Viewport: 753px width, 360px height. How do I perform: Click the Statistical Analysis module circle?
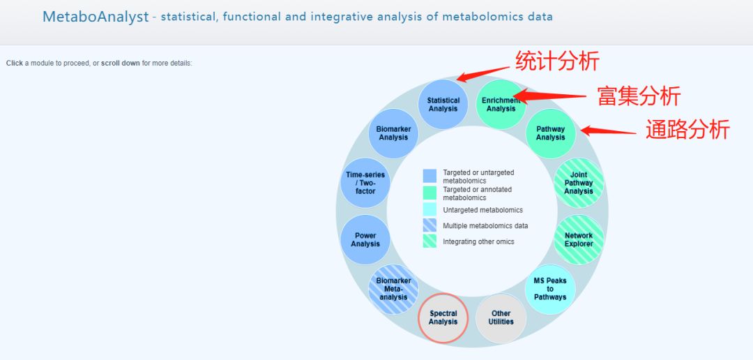443,104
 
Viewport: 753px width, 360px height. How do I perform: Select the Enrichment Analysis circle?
501,104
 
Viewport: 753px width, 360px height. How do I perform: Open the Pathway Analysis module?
550,133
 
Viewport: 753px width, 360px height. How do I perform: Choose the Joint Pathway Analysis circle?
579,183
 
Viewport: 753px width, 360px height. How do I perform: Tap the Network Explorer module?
579,240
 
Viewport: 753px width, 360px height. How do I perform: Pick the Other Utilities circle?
501,317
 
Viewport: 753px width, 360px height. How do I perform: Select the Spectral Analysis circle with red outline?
443,317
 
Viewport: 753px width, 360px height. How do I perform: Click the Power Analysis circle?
365,240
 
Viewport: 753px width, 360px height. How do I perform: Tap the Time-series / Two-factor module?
365,183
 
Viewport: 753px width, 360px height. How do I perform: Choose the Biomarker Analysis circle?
393,133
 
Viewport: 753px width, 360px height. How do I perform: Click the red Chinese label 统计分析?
557,61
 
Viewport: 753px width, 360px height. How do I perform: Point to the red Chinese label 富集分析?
639,96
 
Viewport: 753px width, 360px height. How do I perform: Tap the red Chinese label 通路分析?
687,130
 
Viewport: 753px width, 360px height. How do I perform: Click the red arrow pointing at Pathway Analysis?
609,130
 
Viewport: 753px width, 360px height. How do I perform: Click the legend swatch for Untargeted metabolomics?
429,209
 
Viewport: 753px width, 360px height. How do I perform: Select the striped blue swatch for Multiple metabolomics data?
429,225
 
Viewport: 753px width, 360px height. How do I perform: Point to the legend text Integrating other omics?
478,242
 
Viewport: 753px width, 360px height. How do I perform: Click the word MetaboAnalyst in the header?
96,17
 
